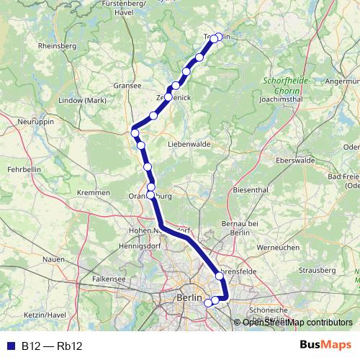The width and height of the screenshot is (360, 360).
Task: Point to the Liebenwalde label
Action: [189, 144]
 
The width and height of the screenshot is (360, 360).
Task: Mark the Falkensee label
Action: [109, 277]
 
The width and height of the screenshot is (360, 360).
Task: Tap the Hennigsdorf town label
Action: [122, 246]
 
